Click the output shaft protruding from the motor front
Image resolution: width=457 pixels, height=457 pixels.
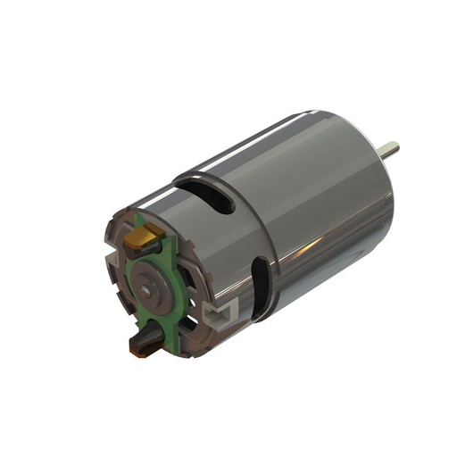pyautogui.click(x=390, y=149)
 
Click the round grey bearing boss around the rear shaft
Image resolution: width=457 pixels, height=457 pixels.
pyautogui.click(x=152, y=287)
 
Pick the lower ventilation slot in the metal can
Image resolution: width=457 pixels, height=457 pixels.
pyautogui.click(x=259, y=286)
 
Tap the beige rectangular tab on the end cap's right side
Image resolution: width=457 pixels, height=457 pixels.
pyautogui.click(x=217, y=314)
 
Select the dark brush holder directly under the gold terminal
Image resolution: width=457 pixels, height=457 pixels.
pyautogui.click(x=148, y=252)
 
